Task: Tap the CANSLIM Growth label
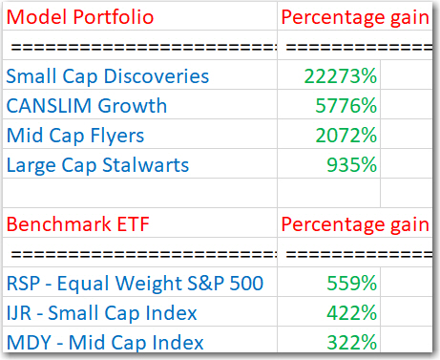click(87, 105)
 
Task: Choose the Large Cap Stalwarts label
click(97, 164)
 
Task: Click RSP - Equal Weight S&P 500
click(135, 283)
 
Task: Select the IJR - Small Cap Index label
click(102, 312)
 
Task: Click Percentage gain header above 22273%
click(354, 18)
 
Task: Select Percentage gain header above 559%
click(354, 224)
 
